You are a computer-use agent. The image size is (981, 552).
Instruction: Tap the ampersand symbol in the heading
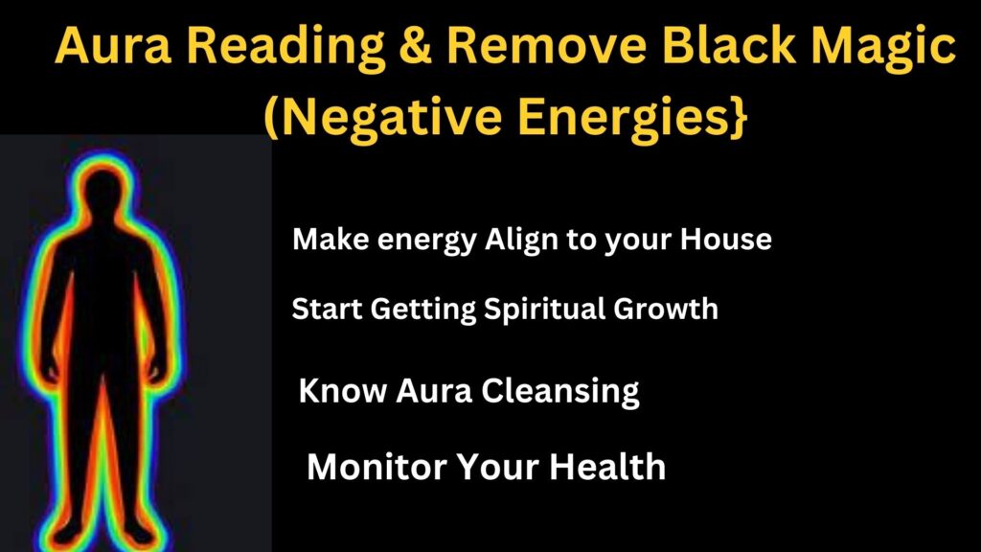point(415,45)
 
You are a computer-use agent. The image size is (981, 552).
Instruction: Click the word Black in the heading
point(729,45)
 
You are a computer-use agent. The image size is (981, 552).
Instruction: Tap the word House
point(726,239)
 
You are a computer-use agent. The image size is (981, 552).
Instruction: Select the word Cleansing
point(559,392)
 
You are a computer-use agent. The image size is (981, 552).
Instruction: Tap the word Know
point(343,391)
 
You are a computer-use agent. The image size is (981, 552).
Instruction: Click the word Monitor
point(376,467)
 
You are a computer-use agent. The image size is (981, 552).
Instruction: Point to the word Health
point(606,467)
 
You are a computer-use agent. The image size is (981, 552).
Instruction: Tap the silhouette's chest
point(103,263)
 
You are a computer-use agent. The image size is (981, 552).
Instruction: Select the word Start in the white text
point(327,310)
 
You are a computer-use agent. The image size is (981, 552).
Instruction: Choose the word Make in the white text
point(331,239)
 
